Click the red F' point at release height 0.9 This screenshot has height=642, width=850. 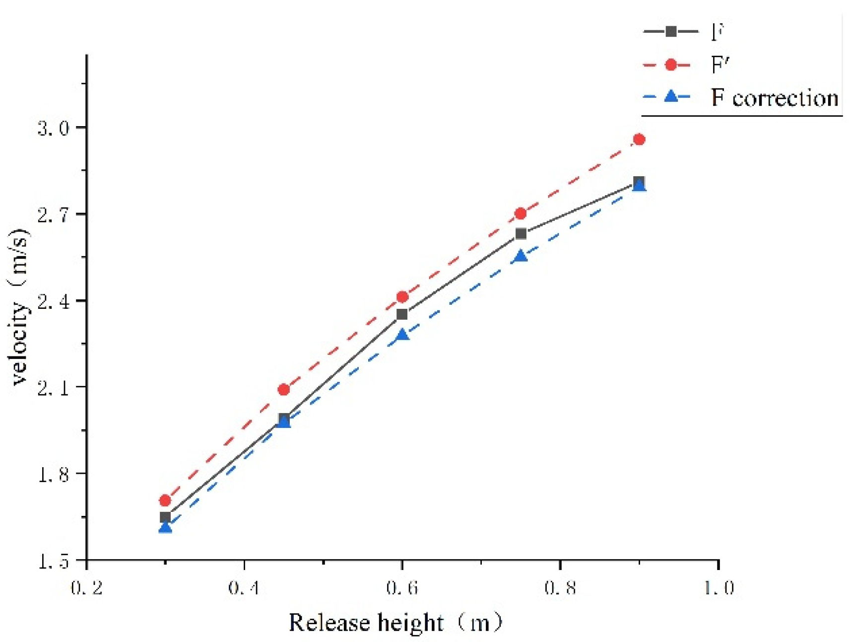click(x=639, y=140)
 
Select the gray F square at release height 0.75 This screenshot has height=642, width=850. click(x=521, y=233)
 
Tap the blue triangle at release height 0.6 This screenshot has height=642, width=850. click(x=402, y=335)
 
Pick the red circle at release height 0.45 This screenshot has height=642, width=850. click(x=284, y=390)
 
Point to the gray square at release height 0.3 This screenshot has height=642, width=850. click(x=165, y=517)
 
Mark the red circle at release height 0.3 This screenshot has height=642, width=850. click(x=165, y=500)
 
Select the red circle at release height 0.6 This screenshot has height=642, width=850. click(x=402, y=297)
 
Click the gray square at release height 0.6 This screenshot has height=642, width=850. click(x=402, y=314)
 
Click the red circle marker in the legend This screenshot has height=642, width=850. click(x=670, y=65)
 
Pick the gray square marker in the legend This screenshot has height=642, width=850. click(x=670, y=31)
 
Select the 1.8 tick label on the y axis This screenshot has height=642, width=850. click(x=53, y=474)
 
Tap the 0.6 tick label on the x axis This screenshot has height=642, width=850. click(x=402, y=588)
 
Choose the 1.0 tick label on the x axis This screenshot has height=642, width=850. click(x=719, y=588)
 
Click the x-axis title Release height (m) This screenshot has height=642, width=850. click(x=396, y=623)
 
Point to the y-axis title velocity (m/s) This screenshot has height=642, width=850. click(x=20, y=306)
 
